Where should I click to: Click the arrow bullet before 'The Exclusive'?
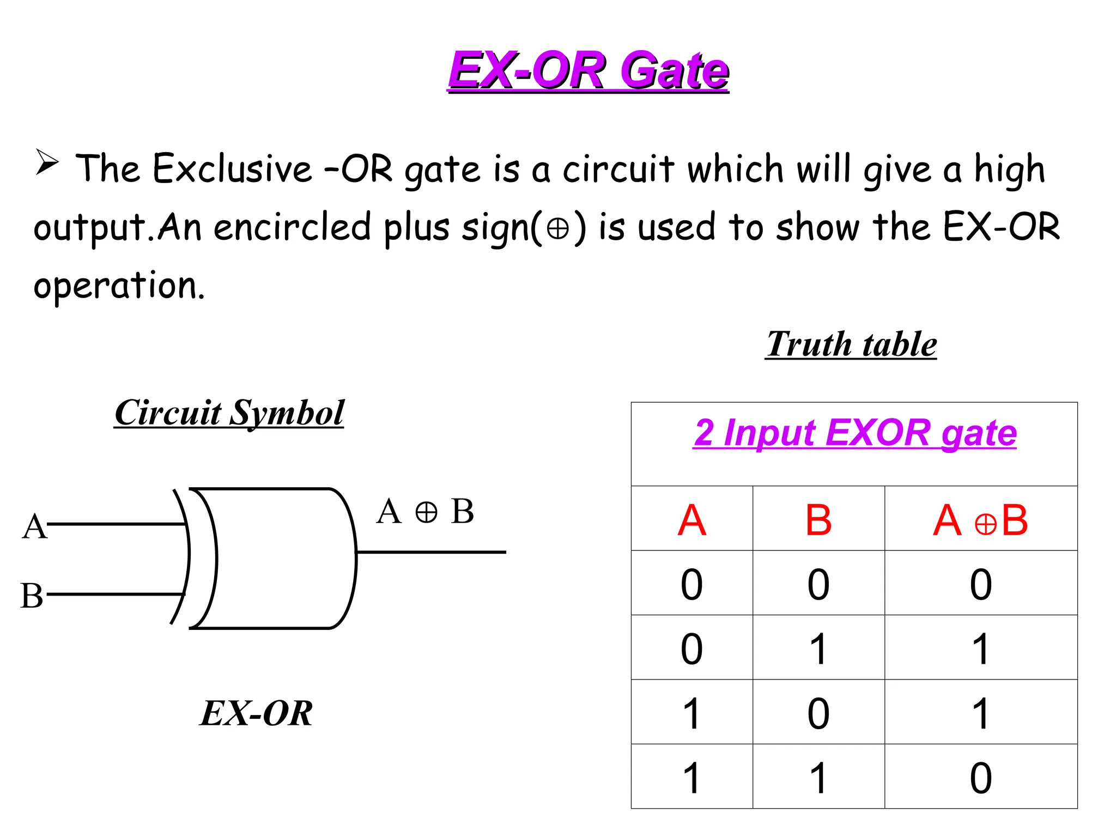(x=47, y=162)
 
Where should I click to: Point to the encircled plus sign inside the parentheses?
(x=558, y=228)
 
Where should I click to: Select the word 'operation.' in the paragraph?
(x=119, y=286)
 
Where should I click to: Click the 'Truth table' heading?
(x=851, y=344)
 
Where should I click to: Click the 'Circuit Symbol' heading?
(x=229, y=413)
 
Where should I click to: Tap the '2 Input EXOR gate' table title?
(x=855, y=433)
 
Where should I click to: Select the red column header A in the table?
(x=692, y=520)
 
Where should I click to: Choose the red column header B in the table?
(x=818, y=520)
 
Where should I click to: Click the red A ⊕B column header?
(x=980, y=520)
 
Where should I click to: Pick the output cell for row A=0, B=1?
(x=980, y=648)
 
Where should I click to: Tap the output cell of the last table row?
(x=980, y=778)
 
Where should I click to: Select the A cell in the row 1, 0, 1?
(x=692, y=713)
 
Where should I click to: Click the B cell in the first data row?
(x=818, y=584)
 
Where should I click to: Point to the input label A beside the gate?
(x=34, y=526)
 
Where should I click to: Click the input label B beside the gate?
(x=32, y=596)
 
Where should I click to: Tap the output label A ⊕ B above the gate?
(x=426, y=512)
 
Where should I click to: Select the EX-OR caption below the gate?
(x=256, y=713)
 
